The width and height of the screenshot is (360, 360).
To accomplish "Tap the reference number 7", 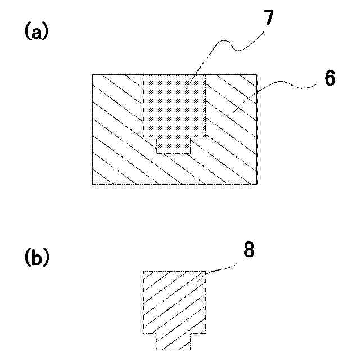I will [268, 19].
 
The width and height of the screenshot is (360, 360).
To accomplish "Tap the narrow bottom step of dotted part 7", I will [174, 145].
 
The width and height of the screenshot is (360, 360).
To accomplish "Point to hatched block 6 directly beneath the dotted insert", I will [174, 169].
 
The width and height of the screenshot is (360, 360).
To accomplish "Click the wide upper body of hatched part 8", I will [174, 301].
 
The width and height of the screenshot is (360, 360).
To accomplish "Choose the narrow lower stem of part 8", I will [174, 341].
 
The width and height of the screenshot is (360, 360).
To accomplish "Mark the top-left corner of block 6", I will [92, 75].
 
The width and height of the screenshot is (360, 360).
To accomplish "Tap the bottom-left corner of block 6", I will [92, 184].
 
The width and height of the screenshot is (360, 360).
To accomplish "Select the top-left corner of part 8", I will [143, 271].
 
